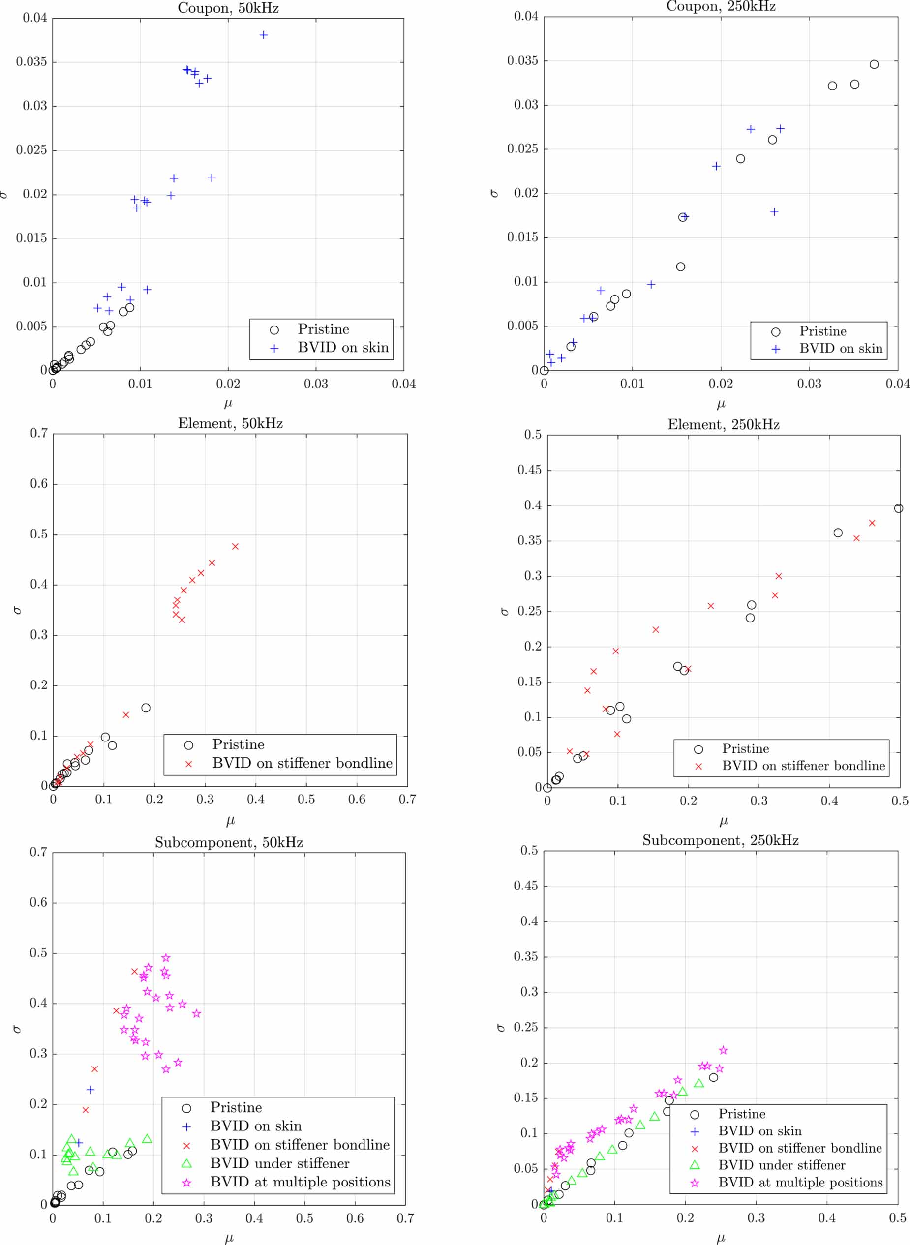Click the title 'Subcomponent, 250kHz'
tap(720, 840)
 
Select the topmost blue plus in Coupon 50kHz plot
tap(263, 35)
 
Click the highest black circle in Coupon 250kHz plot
tap(874, 64)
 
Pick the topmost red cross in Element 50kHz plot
tap(235, 546)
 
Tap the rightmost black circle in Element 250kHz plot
tap(898, 508)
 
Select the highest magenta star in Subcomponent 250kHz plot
tap(723, 1050)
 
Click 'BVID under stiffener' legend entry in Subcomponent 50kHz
tap(279, 1163)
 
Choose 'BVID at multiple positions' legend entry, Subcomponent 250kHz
tap(800, 1182)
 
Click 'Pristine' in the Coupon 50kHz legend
tap(323, 329)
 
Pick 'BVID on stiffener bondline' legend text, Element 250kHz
tap(803, 766)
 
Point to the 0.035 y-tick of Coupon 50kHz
tap(31, 61)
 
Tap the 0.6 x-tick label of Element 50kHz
tap(357, 799)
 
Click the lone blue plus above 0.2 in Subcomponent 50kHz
tap(91, 1089)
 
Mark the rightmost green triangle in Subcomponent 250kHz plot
tap(698, 1083)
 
